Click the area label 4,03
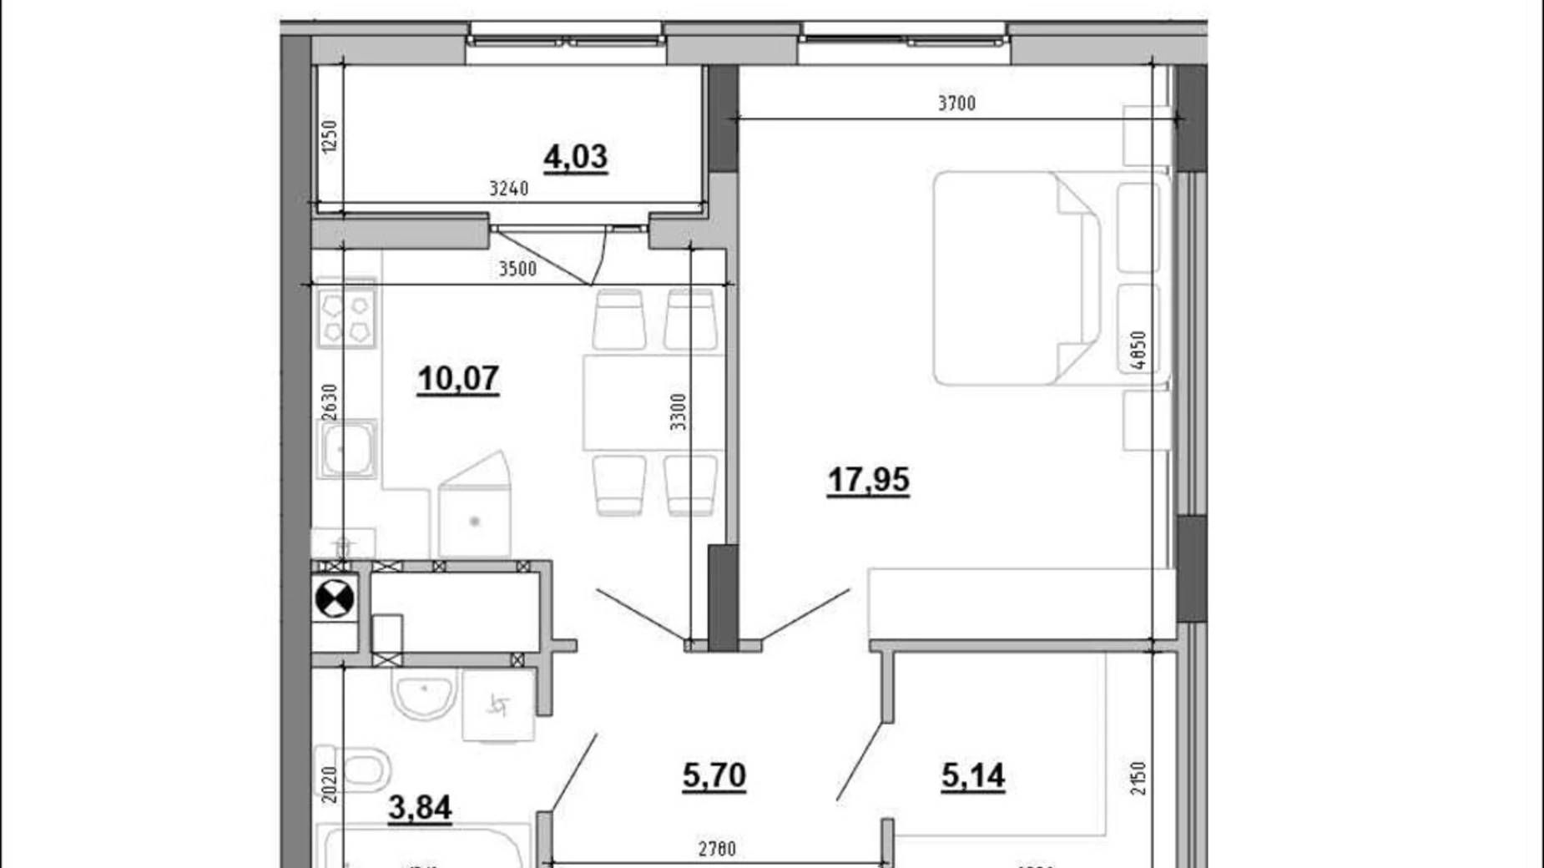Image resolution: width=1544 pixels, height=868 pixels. pos(575,157)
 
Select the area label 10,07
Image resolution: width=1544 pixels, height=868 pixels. pos(458,379)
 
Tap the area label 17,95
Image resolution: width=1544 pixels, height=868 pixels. pos(868,480)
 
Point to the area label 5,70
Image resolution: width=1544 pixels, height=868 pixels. pos(714,775)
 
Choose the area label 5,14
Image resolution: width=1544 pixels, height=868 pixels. pos(972,776)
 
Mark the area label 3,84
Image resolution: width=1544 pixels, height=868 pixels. pos(420,807)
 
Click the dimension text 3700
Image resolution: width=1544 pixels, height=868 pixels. pos(956,103)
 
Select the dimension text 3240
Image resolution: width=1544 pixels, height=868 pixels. pos(508,189)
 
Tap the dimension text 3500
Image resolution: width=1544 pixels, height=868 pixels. pos(517,269)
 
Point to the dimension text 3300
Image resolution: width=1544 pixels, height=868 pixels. pos(679,411)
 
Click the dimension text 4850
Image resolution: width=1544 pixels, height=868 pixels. pos(1138,351)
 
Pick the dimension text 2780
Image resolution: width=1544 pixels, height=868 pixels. pos(717,850)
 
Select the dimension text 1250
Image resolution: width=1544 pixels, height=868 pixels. pos(330,136)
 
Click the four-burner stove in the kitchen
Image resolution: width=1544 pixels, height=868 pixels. pos(346,319)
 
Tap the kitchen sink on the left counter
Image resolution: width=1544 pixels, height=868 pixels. pos(346,449)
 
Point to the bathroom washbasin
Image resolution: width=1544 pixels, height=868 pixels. pos(424,695)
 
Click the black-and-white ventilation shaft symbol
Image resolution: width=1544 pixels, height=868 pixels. pos(335,598)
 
